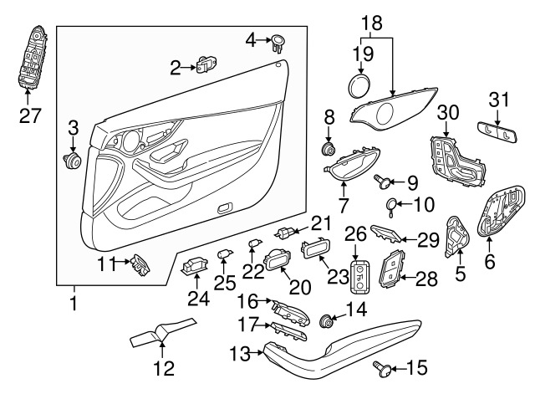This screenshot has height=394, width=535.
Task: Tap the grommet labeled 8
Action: tap(329, 151)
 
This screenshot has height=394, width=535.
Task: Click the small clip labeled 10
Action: tap(393, 203)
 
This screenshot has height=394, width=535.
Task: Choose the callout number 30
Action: tap(448, 111)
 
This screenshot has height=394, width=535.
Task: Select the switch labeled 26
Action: tap(359, 276)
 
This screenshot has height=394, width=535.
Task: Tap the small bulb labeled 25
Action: tap(224, 253)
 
